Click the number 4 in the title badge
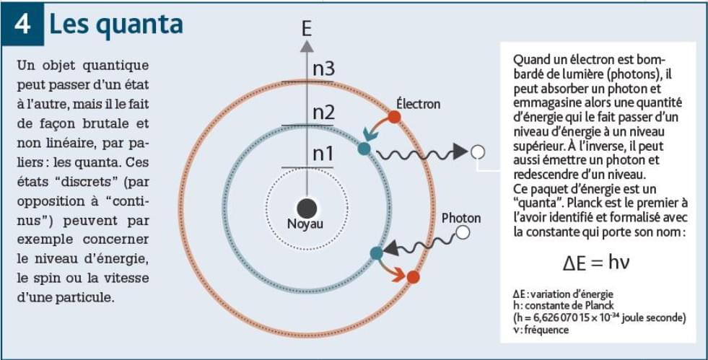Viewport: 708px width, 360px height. click(22, 25)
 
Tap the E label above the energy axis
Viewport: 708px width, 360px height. click(307, 29)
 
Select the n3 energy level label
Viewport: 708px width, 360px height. click(323, 69)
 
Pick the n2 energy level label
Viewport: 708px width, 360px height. click(323, 112)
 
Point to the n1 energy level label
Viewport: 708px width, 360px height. click(323, 154)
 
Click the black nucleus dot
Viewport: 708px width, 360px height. click(306, 208)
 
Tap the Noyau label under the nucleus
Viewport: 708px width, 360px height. click(306, 224)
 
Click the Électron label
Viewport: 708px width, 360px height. click(418, 104)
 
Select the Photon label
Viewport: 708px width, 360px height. click(460, 218)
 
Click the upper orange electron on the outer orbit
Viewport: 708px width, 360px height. click(394, 116)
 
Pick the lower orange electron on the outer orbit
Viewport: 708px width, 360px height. click(413, 277)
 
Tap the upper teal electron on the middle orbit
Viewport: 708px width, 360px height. click(364, 149)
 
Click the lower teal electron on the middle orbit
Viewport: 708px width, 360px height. click(375, 253)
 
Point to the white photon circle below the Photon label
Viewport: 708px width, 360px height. click(463, 232)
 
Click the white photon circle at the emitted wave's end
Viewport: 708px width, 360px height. click(476, 152)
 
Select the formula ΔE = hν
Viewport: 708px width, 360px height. click(596, 262)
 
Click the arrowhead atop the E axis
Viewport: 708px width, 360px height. click(307, 45)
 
